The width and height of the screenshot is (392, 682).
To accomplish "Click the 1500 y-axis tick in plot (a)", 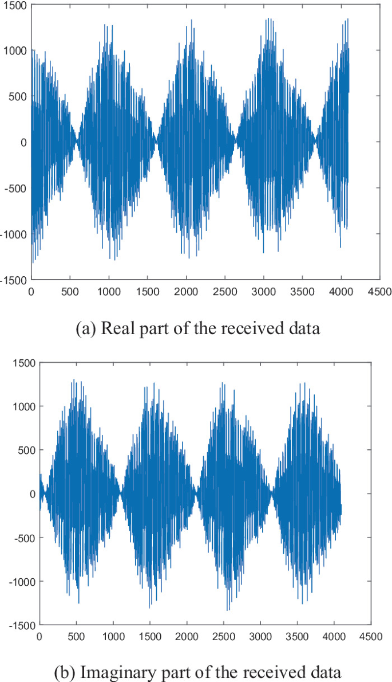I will click(14, 5).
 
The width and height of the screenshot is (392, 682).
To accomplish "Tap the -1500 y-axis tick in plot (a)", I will click(12, 280).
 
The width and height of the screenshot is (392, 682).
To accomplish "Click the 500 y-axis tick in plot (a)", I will click(16, 96).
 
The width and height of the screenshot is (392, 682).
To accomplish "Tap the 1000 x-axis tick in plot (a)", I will click(109, 291).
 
